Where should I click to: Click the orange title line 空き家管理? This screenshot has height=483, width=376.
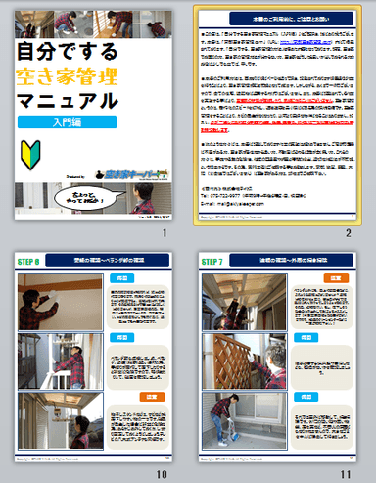tap(66, 74)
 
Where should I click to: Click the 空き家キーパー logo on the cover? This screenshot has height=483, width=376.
tap(126, 173)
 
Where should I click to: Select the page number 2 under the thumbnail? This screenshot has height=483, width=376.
tap(348, 233)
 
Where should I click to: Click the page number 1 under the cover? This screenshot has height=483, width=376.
tap(167, 233)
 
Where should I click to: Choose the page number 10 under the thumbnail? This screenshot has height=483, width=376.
tap(165, 473)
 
